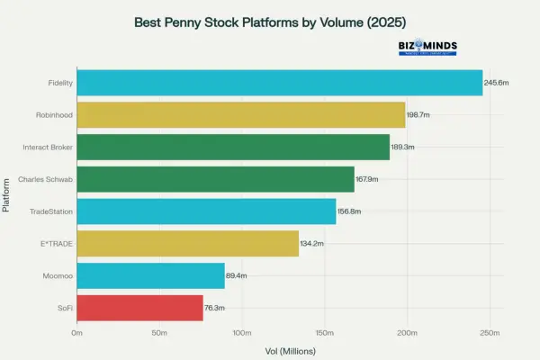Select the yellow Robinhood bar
(241, 115)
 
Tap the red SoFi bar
(139, 308)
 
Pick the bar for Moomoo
(150, 275)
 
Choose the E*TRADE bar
(187, 243)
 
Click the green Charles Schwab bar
(215, 179)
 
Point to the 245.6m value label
(498, 83)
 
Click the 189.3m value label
(404, 147)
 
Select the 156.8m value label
(350, 211)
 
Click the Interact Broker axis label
(48, 147)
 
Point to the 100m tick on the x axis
(241, 333)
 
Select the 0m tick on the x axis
(77, 333)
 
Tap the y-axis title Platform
(8, 195)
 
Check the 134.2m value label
(312, 243)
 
